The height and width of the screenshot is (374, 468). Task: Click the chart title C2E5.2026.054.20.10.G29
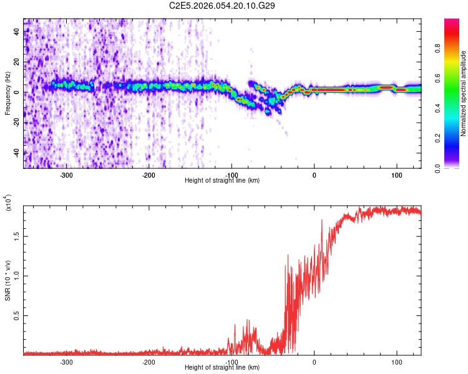[223, 6]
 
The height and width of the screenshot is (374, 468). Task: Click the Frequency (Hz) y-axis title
[7, 93]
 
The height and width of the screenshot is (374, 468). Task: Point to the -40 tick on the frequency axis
[15, 152]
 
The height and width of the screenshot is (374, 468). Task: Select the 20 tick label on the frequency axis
[16, 62]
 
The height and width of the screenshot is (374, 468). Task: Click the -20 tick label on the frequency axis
[15, 122]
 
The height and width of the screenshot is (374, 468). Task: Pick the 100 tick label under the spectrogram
[396, 175]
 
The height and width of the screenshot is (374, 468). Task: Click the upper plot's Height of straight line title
[222, 180]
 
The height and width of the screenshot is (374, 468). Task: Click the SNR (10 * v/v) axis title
[7, 280]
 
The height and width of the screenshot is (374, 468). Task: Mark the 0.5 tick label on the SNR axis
[16, 316]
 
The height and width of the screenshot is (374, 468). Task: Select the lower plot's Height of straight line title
[222, 367]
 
